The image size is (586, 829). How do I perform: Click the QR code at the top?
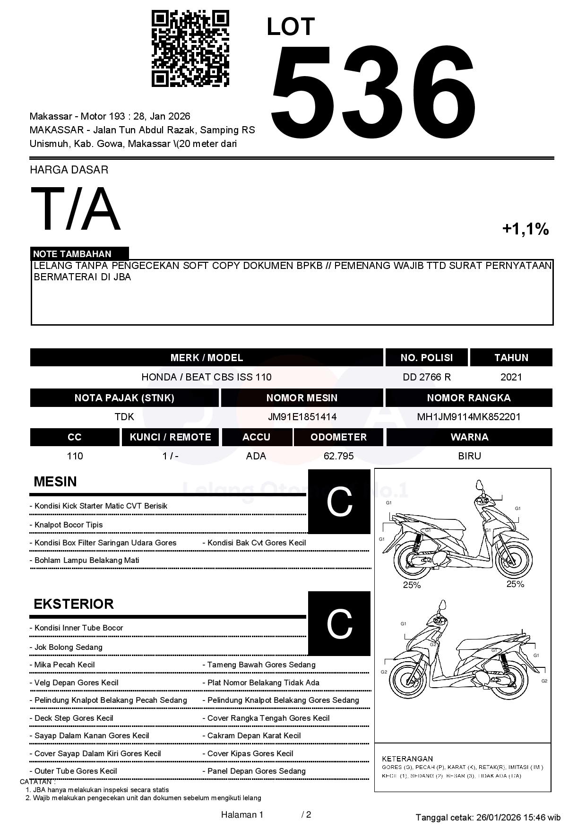coord(190,49)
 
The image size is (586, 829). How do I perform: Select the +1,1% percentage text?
coord(525,229)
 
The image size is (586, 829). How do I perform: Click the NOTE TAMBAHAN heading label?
coord(72,254)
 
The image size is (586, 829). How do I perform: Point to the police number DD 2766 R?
coord(427,377)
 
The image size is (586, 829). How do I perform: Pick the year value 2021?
coord(511,377)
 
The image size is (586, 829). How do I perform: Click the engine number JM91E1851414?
coord(302,417)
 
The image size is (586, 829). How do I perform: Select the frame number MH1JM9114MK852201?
coord(468,417)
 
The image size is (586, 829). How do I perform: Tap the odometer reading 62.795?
coord(338,456)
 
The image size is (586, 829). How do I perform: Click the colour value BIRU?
coord(469,456)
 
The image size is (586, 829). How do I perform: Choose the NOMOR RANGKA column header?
coord(468,398)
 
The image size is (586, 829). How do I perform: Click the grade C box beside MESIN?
coord(339,501)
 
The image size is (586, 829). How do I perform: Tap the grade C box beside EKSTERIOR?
coord(339,623)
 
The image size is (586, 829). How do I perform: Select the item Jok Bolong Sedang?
coord(68,647)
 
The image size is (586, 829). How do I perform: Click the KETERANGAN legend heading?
coord(407,759)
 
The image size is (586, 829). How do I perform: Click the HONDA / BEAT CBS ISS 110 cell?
coord(207,377)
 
